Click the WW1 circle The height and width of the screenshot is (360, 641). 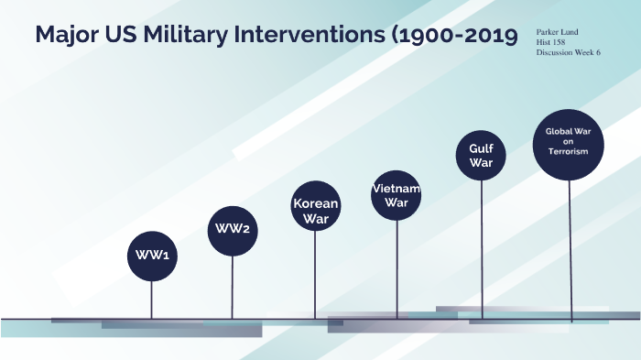point(151,256)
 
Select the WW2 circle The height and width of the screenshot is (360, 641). point(233,228)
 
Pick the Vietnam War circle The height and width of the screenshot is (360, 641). point(397,195)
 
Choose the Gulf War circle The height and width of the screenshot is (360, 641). point(481,155)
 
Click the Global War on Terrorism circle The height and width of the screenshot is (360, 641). point(569,142)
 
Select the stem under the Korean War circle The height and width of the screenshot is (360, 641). point(316,275)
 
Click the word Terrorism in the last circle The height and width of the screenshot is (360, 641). point(569,152)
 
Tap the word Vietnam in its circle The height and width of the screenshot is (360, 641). point(397,189)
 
